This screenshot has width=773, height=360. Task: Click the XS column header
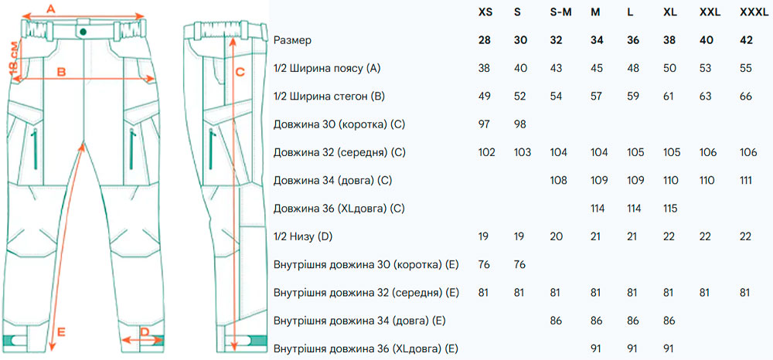(x=485, y=12)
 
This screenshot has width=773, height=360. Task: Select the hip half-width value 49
(x=485, y=97)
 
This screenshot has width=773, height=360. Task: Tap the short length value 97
(x=485, y=124)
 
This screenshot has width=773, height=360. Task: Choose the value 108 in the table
(x=558, y=180)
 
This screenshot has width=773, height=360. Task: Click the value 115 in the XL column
(x=671, y=209)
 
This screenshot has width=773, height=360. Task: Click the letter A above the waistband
(x=52, y=8)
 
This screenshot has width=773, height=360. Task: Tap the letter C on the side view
(x=240, y=71)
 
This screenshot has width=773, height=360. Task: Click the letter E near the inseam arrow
(x=60, y=331)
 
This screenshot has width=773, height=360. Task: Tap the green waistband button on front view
(x=82, y=31)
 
